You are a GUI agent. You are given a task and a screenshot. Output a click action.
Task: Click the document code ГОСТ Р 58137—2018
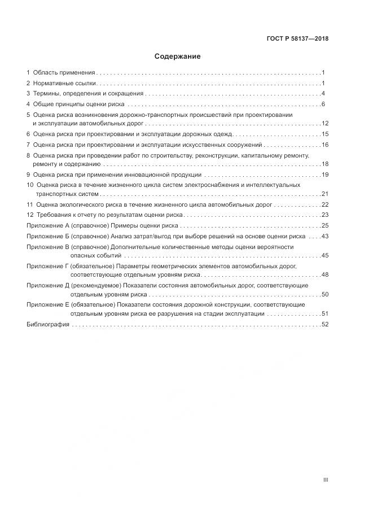pos(298,39)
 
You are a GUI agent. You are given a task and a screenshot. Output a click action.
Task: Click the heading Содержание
pos(177,57)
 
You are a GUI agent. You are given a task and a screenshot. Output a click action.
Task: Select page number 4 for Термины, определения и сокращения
pos(323,94)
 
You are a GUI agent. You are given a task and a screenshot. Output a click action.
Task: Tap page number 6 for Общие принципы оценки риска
pos(323,104)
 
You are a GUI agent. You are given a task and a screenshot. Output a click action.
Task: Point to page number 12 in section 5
pos(324,123)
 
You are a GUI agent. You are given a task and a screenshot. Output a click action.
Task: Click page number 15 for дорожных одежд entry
pos(324,134)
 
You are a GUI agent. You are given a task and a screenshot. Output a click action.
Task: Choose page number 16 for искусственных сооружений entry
pos(324,145)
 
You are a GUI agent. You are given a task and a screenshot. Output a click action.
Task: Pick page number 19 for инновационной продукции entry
pos(324,174)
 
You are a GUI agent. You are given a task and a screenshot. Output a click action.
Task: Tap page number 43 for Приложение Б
pos(324,236)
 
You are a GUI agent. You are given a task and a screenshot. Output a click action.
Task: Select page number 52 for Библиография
pos(324,324)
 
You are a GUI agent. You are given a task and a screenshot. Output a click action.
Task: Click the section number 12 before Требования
pos(30,215)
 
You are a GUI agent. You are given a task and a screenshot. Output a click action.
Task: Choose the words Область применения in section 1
pos(64,72)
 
